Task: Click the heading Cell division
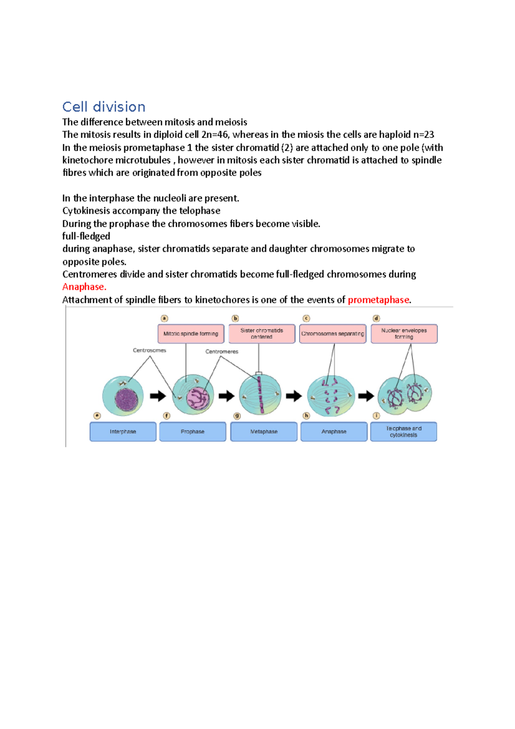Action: (x=104, y=107)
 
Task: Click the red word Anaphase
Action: (x=84, y=287)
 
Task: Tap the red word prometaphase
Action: (x=379, y=300)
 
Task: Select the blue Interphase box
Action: (x=123, y=431)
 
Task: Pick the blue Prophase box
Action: (x=192, y=431)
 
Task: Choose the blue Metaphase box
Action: (x=264, y=431)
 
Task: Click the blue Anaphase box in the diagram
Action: (x=334, y=431)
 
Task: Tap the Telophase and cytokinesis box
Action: (x=403, y=431)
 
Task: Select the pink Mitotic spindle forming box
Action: (x=191, y=334)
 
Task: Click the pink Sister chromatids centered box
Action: (x=262, y=334)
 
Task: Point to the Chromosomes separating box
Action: (x=333, y=334)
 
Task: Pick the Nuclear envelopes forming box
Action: (x=404, y=334)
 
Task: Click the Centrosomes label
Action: (x=149, y=350)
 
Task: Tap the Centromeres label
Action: (x=221, y=352)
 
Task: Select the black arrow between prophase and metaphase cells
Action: (x=226, y=396)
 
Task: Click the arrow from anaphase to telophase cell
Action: (x=366, y=396)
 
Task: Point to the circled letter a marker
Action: (x=164, y=319)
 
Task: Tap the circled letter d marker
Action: (x=376, y=319)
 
